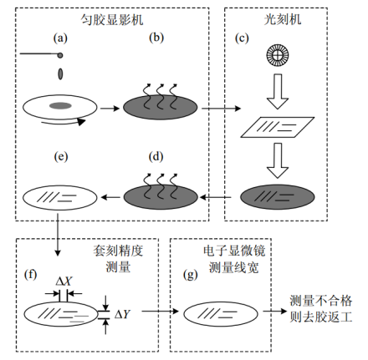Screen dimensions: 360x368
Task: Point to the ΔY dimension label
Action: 124,314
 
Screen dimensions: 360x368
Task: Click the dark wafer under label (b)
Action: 161,107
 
